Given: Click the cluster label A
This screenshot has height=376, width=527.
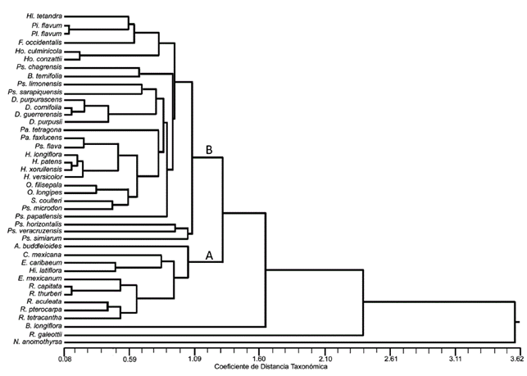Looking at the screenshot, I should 209,256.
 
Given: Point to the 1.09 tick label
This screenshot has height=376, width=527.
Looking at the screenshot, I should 194,358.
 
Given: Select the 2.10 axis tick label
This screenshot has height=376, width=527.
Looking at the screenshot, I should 325,358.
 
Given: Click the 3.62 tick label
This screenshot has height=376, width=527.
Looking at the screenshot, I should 515,358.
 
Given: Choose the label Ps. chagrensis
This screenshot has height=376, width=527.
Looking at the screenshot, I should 40,66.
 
